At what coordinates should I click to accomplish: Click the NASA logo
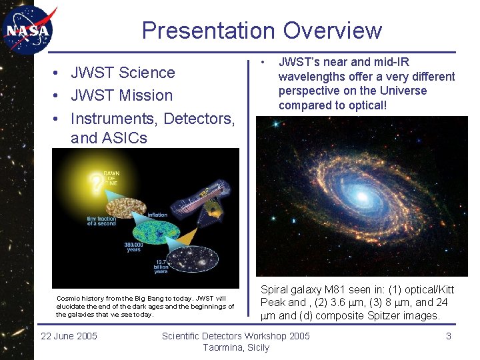(27, 30)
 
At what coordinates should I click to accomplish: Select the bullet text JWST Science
(123, 73)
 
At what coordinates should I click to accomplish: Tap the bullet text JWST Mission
(121, 95)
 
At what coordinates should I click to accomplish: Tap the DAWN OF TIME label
(110, 179)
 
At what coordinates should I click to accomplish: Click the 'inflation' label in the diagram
(158, 215)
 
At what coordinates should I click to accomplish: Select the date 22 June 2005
(69, 336)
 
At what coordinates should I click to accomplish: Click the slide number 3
(449, 336)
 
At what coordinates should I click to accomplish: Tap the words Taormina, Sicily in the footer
(236, 347)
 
